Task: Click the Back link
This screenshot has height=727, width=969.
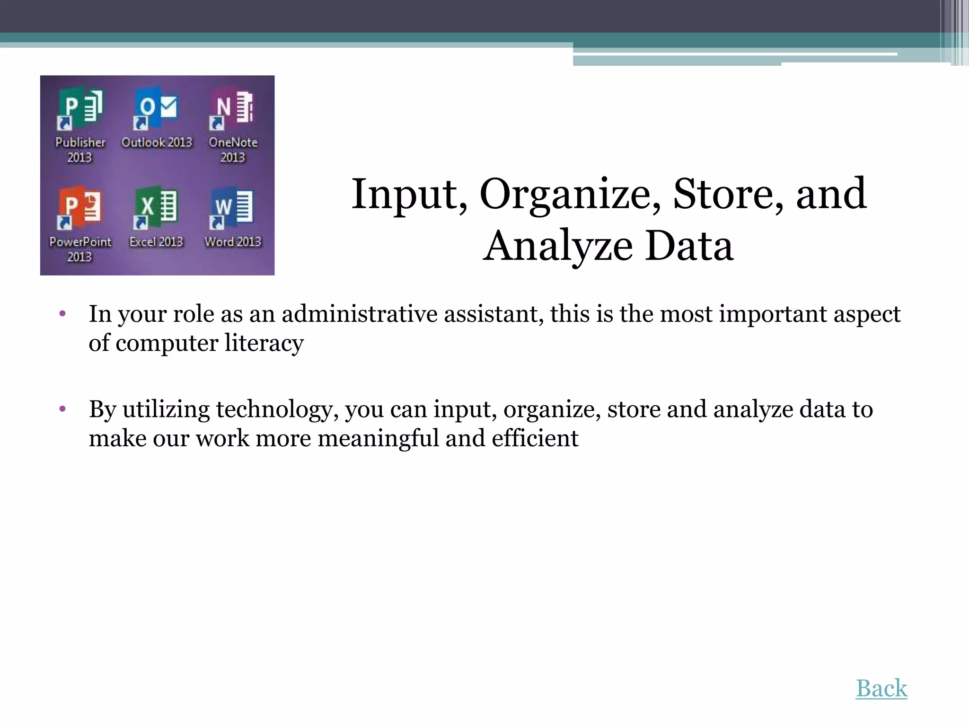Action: coord(881,689)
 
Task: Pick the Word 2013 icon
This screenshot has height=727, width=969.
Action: coord(233,207)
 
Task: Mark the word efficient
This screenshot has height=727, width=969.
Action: coord(535,439)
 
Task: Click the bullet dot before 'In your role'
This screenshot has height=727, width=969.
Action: coord(62,313)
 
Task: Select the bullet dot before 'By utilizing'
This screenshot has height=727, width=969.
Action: coord(62,408)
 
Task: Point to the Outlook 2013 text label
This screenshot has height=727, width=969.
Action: coord(157,142)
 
